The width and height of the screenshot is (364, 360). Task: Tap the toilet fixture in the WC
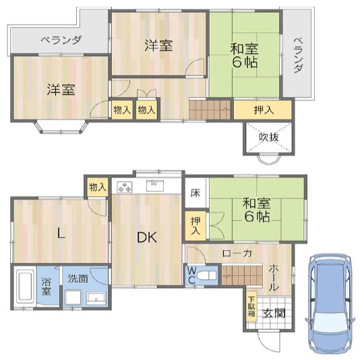point(207,276)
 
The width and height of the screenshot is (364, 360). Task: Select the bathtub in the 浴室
point(25,287)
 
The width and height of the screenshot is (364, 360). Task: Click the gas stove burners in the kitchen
point(125,187)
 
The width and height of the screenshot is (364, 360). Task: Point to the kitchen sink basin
point(155,185)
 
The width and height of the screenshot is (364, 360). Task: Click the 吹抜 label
point(269,138)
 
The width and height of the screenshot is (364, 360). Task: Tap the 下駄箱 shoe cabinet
point(251,306)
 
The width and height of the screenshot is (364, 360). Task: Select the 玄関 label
point(274,313)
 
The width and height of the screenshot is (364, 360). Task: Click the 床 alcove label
point(195,193)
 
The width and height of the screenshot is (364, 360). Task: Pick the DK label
point(147,237)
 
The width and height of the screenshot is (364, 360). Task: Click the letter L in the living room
point(61,233)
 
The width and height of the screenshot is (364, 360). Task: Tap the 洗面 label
point(78,278)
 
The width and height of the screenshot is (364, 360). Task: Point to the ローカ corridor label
point(237,253)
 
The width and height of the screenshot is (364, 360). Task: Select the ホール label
point(274,278)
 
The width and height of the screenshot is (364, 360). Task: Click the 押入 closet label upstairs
point(264,110)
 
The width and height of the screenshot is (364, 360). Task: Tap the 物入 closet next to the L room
point(98,187)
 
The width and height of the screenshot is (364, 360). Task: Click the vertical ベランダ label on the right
point(299,55)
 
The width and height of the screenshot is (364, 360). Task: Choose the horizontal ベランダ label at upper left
point(61,40)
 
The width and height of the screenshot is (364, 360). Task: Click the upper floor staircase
point(210,110)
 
